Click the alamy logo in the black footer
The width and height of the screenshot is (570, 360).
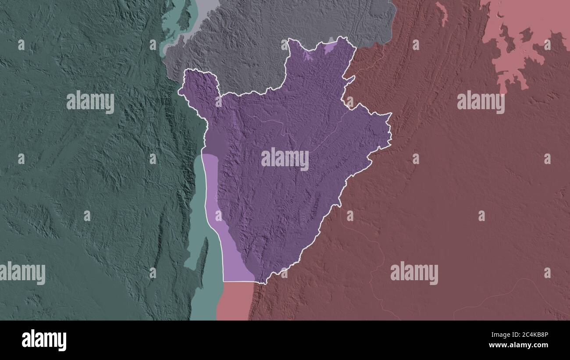click(x=44, y=340)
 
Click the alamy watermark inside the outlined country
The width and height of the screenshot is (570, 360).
click(x=285, y=159)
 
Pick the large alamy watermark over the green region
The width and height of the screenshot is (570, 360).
click(x=90, y=102)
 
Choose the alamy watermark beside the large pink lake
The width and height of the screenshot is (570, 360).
click(x=481, y=102)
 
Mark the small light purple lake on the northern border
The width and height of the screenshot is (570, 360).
click(x=330, y=47)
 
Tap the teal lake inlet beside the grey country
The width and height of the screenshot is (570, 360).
click(x=173, y=26)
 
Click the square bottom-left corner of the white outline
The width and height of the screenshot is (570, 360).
click(x=224, y=281)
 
